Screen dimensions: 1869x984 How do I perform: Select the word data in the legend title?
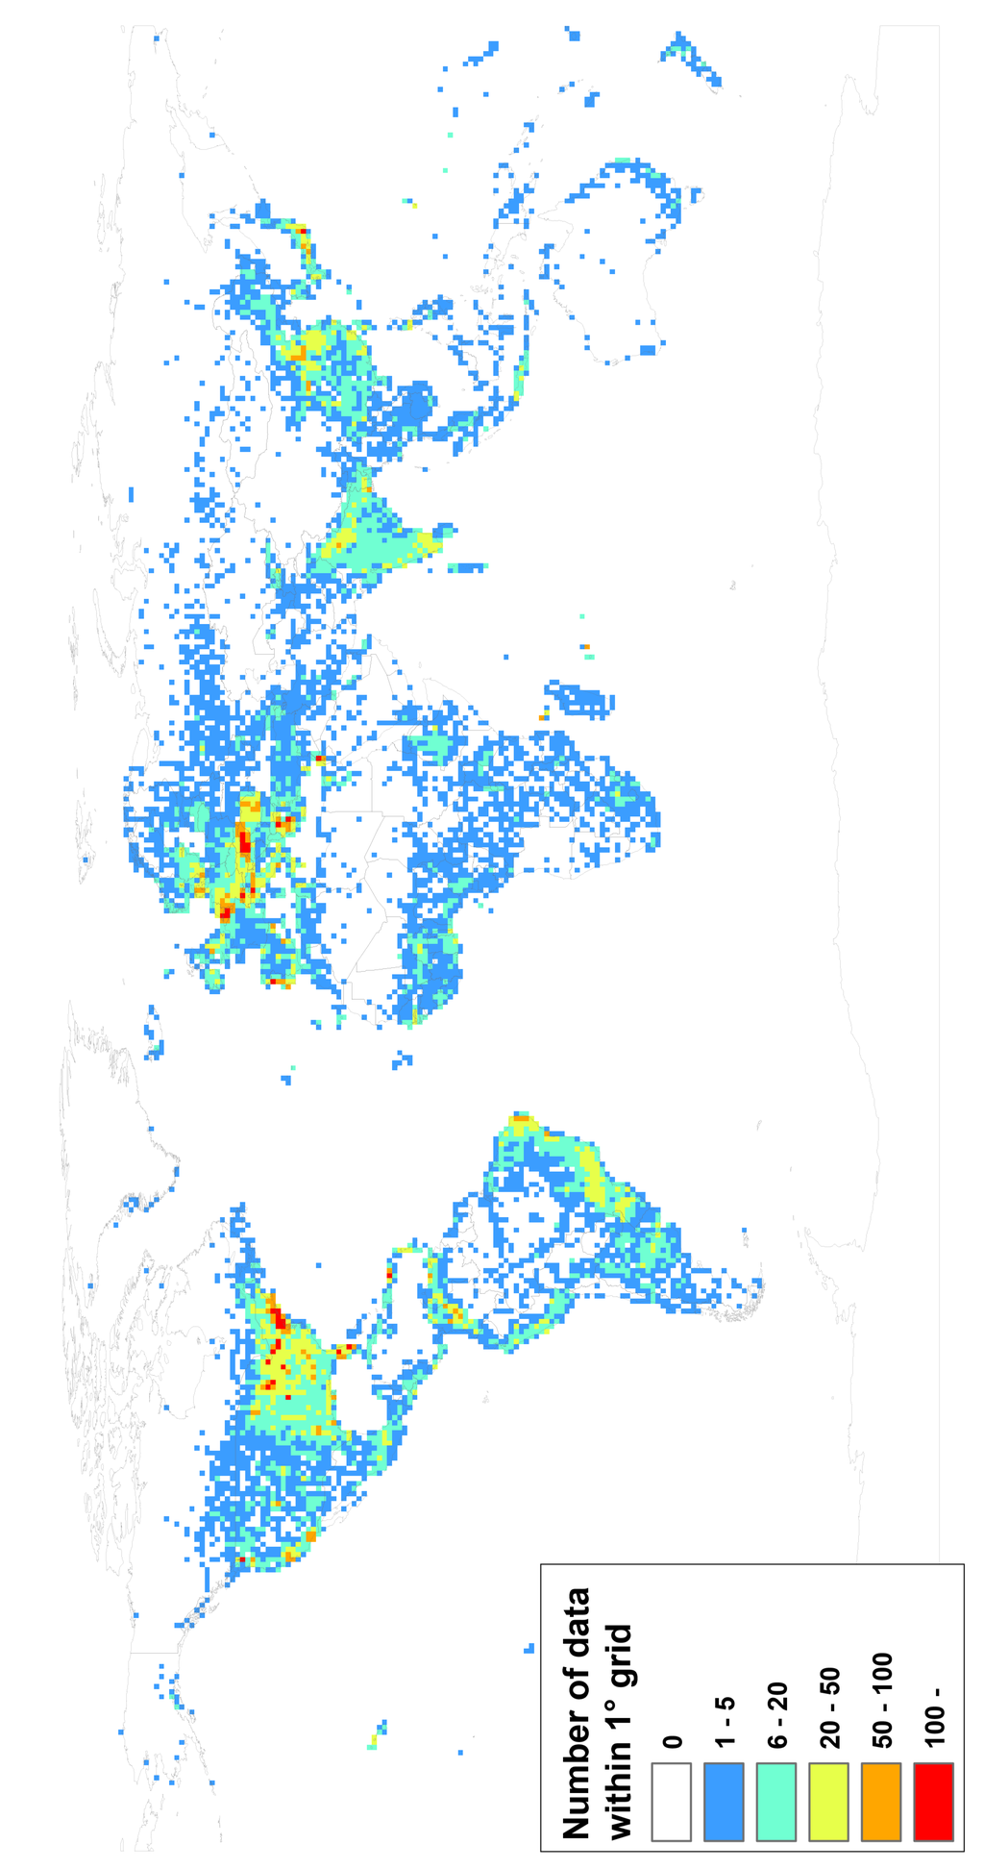[577, 1627]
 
